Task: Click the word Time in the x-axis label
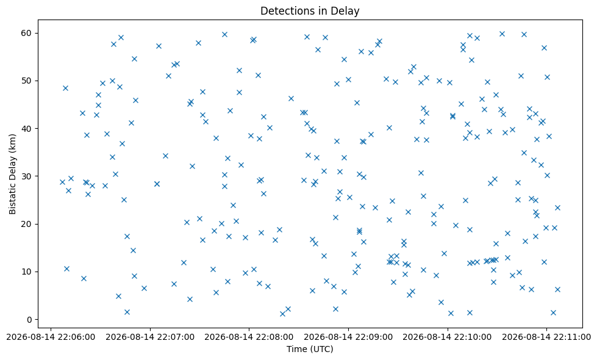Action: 297,349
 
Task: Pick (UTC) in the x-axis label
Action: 321,349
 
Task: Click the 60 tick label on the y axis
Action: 26,33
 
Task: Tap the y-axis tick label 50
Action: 26,81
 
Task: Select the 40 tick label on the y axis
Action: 26,128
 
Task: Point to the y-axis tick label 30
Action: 26,176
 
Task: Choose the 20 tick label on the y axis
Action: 26,224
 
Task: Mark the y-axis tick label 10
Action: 26,272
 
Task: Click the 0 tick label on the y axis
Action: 29,320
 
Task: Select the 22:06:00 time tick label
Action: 51,337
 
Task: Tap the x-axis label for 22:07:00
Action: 150,337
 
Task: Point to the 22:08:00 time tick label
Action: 249,337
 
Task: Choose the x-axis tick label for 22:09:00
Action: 348,337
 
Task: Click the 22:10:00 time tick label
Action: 448,337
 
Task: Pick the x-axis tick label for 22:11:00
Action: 546,337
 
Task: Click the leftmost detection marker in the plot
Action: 62,182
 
